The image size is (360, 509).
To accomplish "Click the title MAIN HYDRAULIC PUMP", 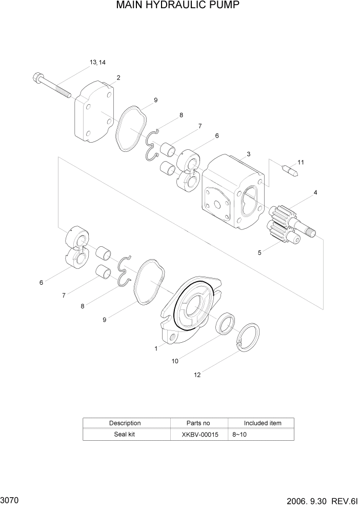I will click(178, 6).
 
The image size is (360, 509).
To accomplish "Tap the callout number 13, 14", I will click(97, 63).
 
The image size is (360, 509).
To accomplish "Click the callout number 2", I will click(118, 77).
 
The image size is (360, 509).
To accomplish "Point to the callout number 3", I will click(248, 154).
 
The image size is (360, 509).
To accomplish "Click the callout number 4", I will click(315, 192).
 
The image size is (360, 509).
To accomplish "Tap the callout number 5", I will click(259, 252).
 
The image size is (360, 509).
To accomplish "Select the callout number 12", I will click(197, 375).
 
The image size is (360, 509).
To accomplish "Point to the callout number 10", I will click(175, 361).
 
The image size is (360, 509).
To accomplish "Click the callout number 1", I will click(156, 348).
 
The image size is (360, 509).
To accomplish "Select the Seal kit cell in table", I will click(125, 434).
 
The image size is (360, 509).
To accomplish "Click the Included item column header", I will click(262, 423).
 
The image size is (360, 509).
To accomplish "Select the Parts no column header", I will click(197, 423).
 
